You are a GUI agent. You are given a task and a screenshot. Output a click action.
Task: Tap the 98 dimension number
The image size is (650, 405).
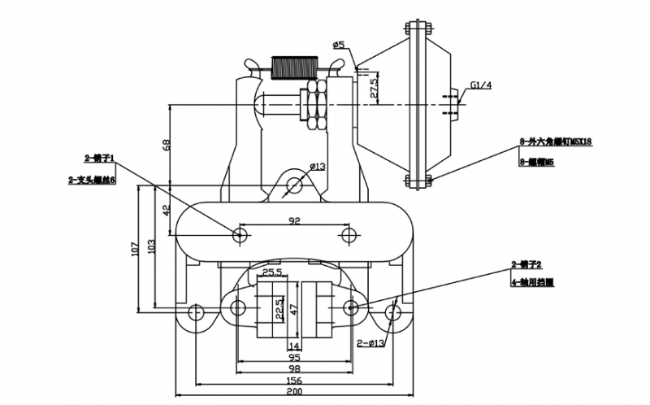295,368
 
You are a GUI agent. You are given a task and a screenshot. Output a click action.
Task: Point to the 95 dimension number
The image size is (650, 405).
295,357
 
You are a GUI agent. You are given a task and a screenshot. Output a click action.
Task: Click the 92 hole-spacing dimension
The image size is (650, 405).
294,220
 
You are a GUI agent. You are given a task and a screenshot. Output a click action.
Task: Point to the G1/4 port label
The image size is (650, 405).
481,85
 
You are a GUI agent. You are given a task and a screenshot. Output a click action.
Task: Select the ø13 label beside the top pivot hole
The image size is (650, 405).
317,167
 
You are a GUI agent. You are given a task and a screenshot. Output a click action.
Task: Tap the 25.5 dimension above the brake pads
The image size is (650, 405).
272,272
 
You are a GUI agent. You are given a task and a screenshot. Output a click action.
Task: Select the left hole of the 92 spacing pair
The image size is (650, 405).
240,235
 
